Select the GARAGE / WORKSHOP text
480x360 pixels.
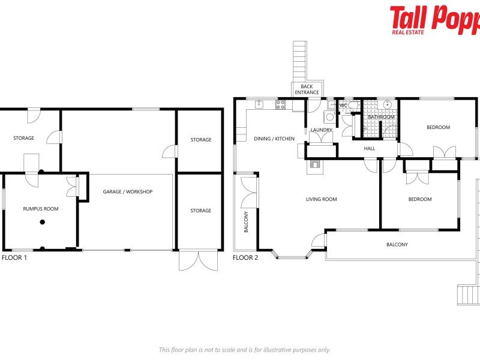(127, 192)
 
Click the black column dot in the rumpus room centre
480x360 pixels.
(42, 223)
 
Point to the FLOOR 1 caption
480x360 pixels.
(14, 257)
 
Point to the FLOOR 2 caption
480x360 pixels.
(245, 257)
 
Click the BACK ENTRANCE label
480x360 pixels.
(307, 90)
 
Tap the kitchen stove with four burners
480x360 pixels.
(280, 105)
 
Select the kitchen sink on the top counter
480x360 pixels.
(259, 104)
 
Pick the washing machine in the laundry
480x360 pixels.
(329, 117)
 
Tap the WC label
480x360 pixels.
(344, 106)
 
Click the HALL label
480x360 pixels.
(369, 148)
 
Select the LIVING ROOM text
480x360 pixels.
(321, 199)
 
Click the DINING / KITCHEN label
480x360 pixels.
(274, 139)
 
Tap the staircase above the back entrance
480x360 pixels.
(299, 60)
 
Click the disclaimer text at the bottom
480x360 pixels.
(244, 350)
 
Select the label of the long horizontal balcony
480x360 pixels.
(397, 244)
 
